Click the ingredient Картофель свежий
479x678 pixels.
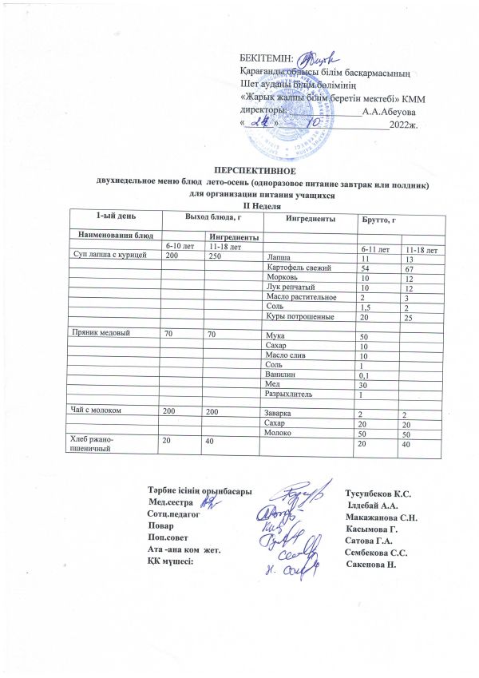pos(296,268)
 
